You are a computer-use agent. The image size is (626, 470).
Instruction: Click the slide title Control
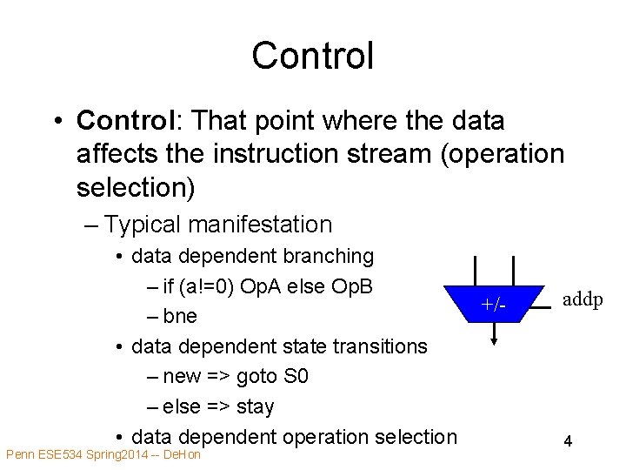click(312, 56)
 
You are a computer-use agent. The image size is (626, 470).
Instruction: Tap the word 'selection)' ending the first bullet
click(136, 187)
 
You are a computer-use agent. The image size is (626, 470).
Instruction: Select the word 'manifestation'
click(260, 225)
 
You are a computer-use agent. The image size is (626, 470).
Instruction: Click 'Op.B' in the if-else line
click(353, 285)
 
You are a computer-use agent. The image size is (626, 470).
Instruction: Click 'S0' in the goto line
click(296, 377)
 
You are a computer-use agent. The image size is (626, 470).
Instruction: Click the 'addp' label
click(582, 299)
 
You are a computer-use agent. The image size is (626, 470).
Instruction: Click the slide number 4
click(567, 441)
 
